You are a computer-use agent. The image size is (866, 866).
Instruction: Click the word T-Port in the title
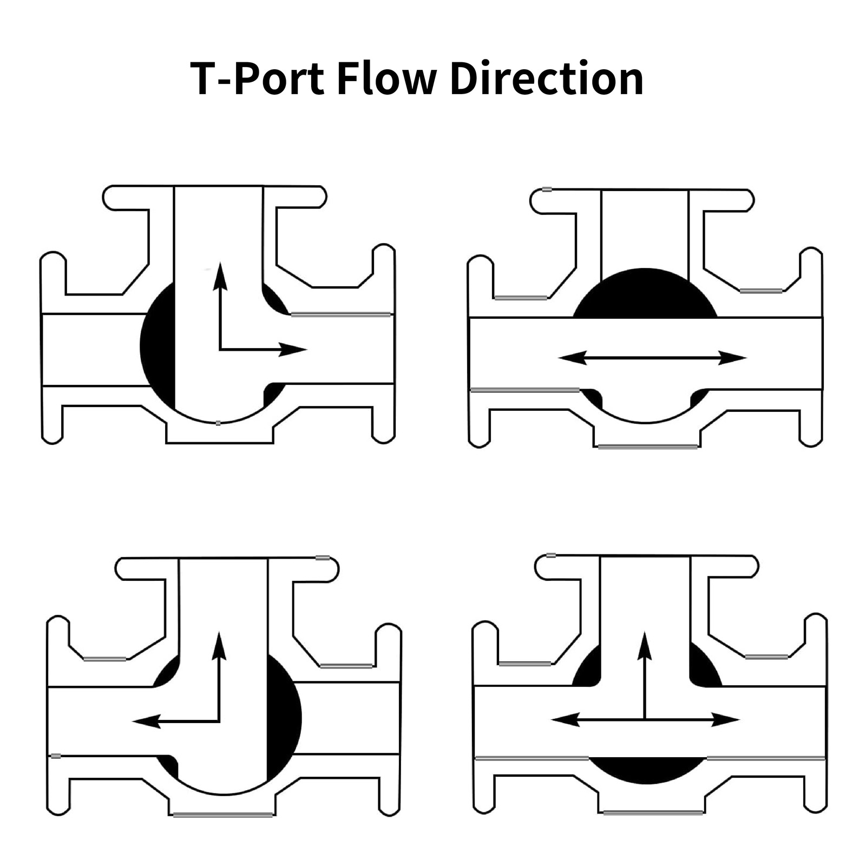(x=257, y=79)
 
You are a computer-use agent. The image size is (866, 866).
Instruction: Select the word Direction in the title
(x=547, y=79)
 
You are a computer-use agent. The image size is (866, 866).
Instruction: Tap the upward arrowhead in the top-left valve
(x=220, y=273)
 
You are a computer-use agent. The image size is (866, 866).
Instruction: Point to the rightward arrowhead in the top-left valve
(x=296, y=350)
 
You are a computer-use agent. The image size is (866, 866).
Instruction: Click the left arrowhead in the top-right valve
(x=570, y=357)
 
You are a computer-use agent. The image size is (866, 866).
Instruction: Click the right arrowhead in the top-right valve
(x=734, y=357)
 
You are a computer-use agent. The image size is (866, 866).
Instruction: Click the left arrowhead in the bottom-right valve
(x=563, y=720)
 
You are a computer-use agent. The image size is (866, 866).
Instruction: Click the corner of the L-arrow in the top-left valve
(x=220, y=350)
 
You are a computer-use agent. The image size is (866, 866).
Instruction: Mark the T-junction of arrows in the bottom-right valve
(x=645, y=720)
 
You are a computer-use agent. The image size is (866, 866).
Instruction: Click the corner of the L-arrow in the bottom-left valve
(x=219, y=721)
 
